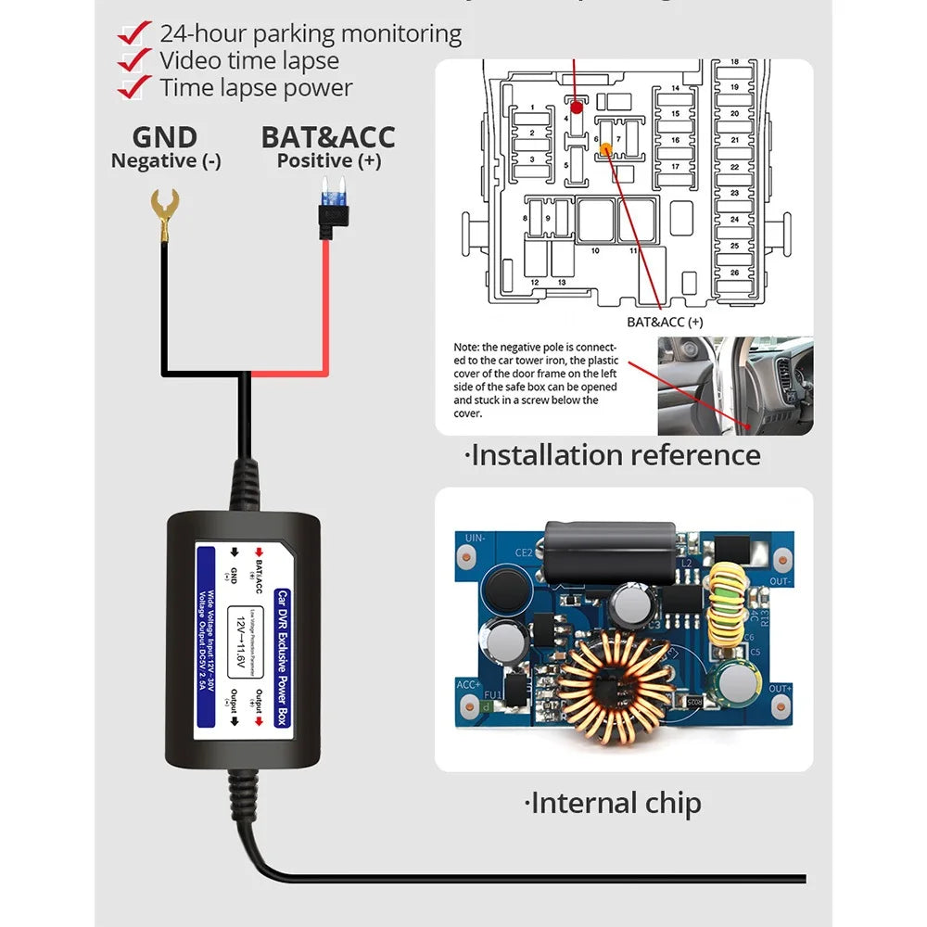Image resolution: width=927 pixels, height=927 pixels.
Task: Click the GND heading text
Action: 165,137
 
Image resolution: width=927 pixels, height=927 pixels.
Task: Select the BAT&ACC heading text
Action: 327,137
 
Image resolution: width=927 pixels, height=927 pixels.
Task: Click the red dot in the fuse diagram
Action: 576,108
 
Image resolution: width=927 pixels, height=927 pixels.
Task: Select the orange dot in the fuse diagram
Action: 606,147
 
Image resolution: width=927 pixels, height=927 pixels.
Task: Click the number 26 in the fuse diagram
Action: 735,273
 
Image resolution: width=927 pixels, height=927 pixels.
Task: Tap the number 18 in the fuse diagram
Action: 735,62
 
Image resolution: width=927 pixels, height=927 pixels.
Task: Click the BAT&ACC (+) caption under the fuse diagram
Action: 665,322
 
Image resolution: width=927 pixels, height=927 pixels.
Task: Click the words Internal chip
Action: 613,803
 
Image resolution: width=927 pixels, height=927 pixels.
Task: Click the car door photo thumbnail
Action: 735,387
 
